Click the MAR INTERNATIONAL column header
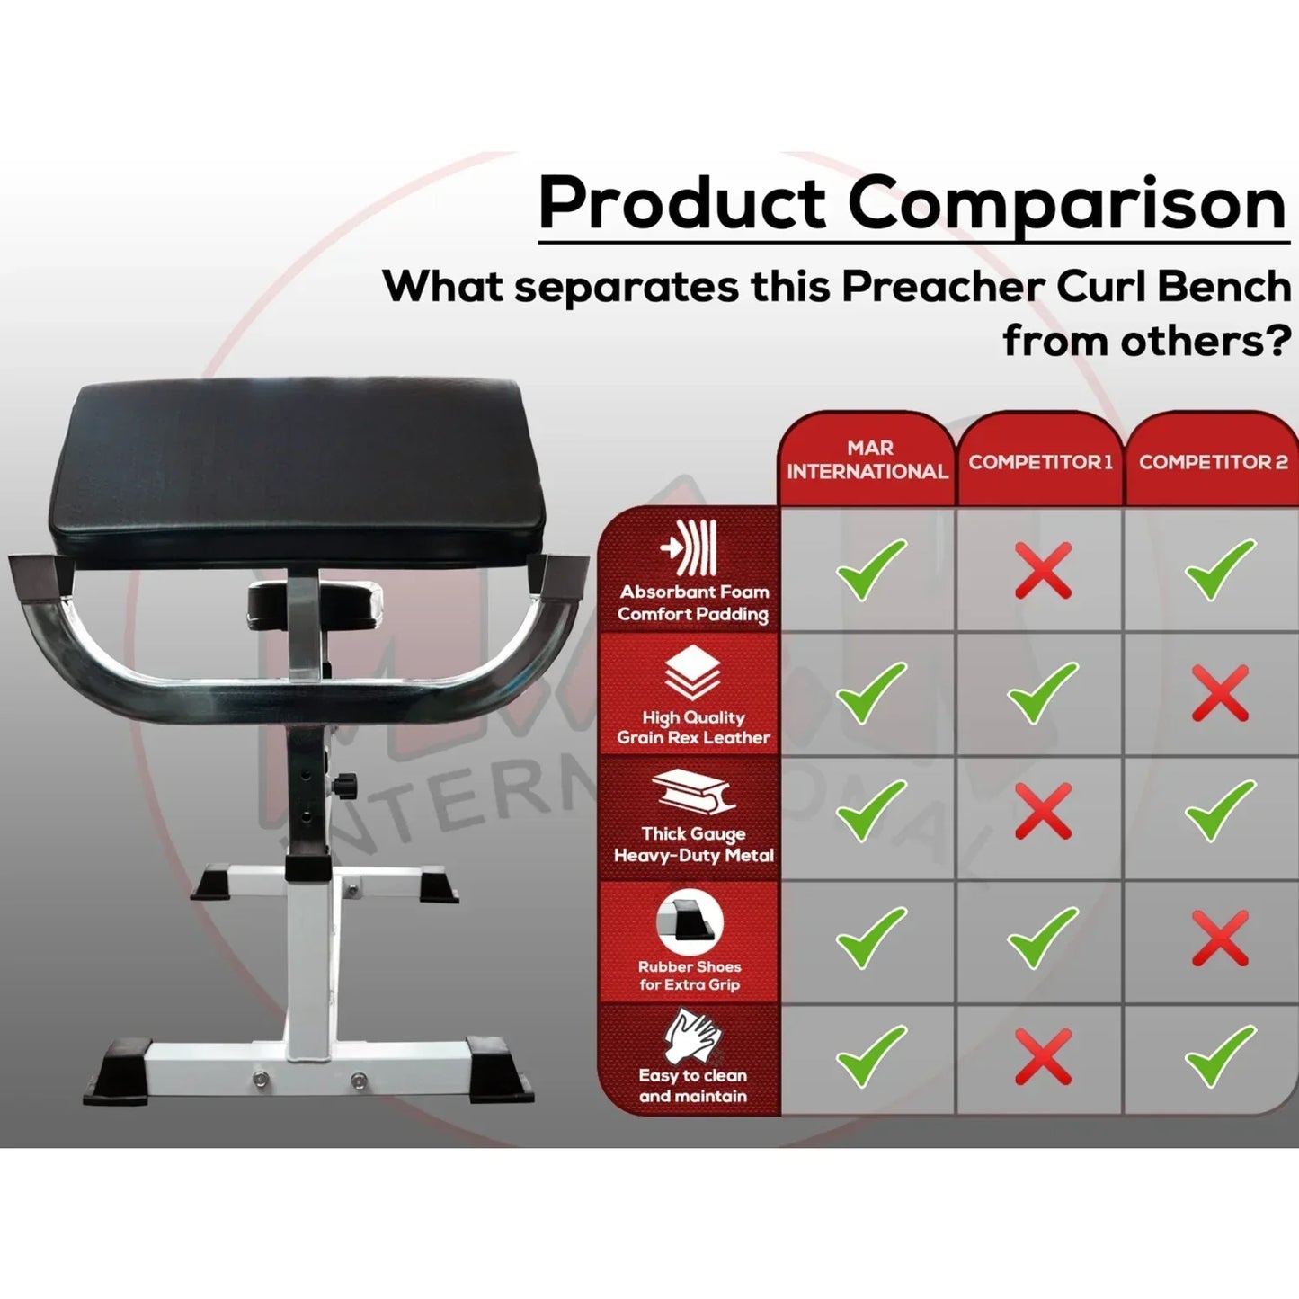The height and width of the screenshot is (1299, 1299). tap(867, 459)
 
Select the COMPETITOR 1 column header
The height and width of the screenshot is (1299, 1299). tap(1040, 462)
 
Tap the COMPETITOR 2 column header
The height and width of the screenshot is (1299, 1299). tap(1213, 462)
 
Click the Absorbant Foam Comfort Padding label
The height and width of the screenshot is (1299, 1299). tap(693, 603)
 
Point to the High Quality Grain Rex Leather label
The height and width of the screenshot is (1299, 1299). tap(693, 727)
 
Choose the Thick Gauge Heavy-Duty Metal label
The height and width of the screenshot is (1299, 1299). tap(693, 844)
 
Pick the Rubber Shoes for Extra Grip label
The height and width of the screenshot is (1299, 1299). tap(690, 975)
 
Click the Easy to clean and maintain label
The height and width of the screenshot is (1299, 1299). tap(692, 1085)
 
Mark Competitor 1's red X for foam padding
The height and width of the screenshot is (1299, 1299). tap(1043, 570)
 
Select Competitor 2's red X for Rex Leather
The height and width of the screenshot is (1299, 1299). tap(1220, 693)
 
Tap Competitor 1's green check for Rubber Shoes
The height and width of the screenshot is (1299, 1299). tap(1042, 938)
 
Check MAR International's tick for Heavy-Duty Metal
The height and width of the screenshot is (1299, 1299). tap(870, 811)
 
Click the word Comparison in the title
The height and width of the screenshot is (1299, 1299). tap(1067, 203)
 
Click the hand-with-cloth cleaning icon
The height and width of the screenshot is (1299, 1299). tap(692, 1036)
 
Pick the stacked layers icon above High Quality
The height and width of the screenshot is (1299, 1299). tap(692, 673)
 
